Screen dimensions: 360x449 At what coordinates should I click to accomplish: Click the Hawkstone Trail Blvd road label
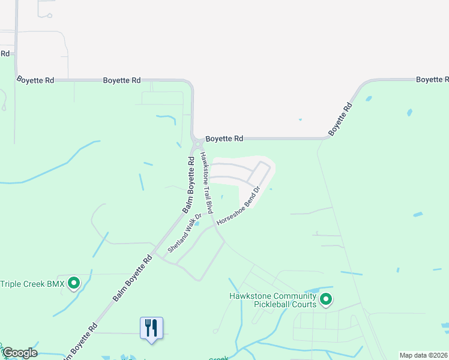pyautogui.click(x=206, y=182)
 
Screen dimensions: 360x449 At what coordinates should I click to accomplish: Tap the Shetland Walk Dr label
pyautogui.click(x=184, y=235)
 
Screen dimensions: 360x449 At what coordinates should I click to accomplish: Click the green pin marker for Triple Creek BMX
pyautogui.click(x=74, y=282)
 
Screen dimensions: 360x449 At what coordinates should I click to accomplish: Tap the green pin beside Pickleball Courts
pyautogui.click(x=326, y=298)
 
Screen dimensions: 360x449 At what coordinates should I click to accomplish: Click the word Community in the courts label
pyautogui.click(x=295, y=296)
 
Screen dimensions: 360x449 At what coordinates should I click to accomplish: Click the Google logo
pyautogui.click(x=19, y=353)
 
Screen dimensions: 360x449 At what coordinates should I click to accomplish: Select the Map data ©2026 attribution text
pyautogui.click(x=423, y=355)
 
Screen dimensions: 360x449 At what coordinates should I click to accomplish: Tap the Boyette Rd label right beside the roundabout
pyautogui.click(x=224, y=139)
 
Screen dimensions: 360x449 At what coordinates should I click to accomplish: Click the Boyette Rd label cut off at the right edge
pyautogui.click(x=432, y=79)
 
